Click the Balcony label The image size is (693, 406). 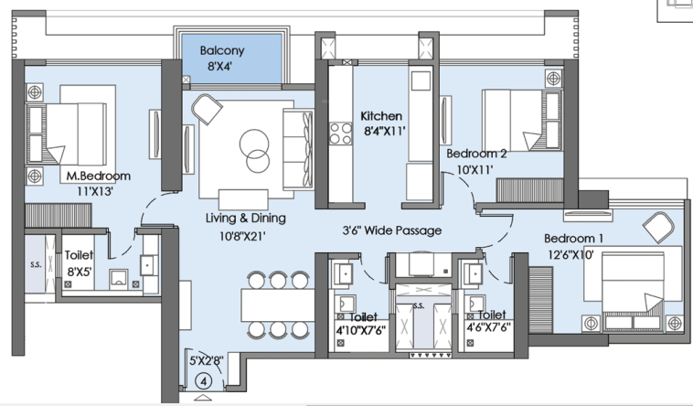pos(222,50)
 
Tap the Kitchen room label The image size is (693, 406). pos(381,116)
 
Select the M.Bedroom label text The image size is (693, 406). pos(99,176)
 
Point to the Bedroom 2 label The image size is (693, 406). pos(476,154)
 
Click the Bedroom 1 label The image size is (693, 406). pos(573,239)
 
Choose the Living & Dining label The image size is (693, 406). pos(246,218)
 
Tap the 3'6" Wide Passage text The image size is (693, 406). pos(392,230)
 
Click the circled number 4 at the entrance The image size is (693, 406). pos(204,380)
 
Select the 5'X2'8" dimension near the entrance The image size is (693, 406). pos(207,361)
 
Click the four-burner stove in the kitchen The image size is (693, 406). pos(341,134)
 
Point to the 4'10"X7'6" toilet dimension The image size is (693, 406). pos(360,331)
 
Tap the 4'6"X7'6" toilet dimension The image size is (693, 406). pos(489,327)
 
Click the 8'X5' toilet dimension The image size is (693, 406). pos(80,272)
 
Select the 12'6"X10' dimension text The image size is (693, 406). pos(570,255)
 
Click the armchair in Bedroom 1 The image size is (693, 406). pos(658,227)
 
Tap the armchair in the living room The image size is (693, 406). pos(207,109)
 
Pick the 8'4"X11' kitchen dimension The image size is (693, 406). pos(385,132)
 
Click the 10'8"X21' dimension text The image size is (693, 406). pos(242,237)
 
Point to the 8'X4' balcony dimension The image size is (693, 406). pos(220,67)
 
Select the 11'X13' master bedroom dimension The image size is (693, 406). pos(95,191)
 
